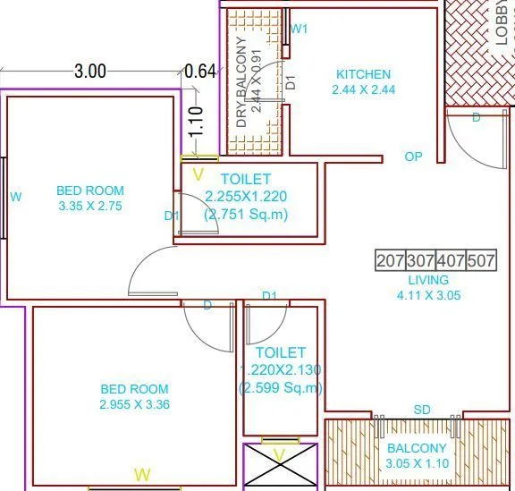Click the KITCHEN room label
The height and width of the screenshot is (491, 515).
[x=363, y=74]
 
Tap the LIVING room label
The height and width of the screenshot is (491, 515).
[x=428, y=280]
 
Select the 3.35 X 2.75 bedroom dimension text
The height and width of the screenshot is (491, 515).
[x=89, y=205]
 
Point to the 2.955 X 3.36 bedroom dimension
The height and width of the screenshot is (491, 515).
[x=135, y=404]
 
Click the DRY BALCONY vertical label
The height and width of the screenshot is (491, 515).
[x=241, y=80]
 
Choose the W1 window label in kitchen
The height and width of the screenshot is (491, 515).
[x=300, y=29]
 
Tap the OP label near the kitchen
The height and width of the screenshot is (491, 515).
[x=413, y=157]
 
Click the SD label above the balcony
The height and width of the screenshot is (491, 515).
[x=422, y=410]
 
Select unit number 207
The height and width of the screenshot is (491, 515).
[x=390, y=261]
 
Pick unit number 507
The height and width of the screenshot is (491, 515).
[x=481, y=261]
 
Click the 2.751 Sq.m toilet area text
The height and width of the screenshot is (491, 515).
[x=247, y=214]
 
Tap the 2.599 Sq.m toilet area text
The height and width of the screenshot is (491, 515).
[x=281, y=387]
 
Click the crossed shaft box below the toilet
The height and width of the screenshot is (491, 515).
[x=279, y=467]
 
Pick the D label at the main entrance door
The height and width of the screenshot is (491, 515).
[x=476, y=117]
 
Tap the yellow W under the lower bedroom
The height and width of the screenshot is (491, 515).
[x=140, y=473]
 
